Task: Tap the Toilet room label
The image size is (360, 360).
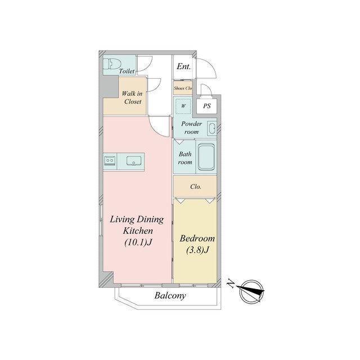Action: (x=127, y=71)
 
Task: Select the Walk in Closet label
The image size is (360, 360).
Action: (x=132, y=97)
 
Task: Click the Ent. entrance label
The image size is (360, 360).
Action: (x=184, y=66)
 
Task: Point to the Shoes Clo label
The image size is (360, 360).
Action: (x=183, y=88)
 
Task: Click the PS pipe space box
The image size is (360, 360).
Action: (x=206, y=106)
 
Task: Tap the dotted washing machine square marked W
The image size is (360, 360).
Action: (x=183, y=106)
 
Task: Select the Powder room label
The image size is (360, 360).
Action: (x=191, y=128)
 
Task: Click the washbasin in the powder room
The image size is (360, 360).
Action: (x=211, y=128)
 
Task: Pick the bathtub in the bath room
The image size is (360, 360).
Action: (x=206, y=157)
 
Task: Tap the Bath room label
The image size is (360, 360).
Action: (x=185, y=158)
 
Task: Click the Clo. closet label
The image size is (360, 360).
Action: (x=196, y=187)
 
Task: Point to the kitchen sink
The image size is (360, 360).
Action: (x=134, y=161)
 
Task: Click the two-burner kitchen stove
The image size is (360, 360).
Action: (x=110, y=161)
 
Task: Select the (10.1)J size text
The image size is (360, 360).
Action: (x=138, y=242)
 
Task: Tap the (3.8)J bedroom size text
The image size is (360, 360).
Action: (x=197, y=250)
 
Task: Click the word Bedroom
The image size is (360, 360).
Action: (x=197, y=238)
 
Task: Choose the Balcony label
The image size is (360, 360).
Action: (x=170, y=295)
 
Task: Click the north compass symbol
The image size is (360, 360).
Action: (x=251, y=292)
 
